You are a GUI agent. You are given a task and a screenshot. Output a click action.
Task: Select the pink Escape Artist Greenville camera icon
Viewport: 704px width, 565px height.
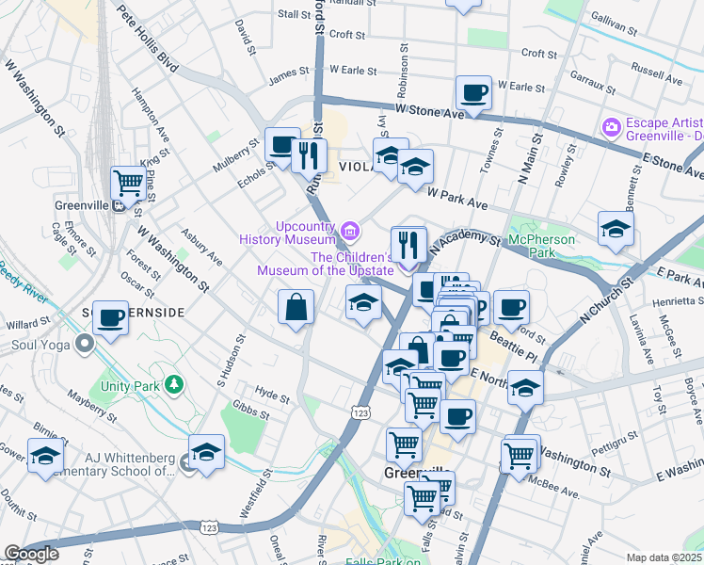coord(612,126)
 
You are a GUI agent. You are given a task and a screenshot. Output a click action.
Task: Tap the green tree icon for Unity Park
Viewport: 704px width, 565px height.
coord(173,383)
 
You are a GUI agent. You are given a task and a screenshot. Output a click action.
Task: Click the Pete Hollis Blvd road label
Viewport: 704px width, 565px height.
coord(148,40)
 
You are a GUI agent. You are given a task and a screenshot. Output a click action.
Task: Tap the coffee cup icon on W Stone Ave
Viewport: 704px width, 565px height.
coord(473,93)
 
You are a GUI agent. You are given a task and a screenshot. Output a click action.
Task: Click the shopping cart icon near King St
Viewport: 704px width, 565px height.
coord(127,182)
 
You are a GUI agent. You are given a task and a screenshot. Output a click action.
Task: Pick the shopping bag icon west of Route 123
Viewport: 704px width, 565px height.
coord(296,307)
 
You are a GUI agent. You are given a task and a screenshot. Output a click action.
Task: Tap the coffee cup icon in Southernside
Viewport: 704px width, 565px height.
coord(111,318)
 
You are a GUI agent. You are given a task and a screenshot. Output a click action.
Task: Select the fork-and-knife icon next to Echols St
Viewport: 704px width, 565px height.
coord(309,153)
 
